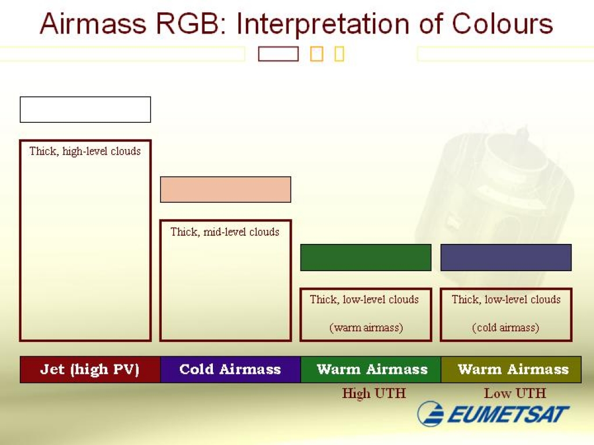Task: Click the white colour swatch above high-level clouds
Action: [x=85, y=110]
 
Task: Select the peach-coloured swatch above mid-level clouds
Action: [x=226, y=189]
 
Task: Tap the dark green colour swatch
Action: [x=365, y=257]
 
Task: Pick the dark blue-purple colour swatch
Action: [x=506, y=257]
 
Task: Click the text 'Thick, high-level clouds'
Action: [x=85, y=151]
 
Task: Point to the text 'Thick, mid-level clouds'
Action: [x=225, y=232]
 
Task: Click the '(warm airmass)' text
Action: [x=366, y=327]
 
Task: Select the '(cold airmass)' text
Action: [x=506, y=327]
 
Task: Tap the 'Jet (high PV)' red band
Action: [x=90, y=370]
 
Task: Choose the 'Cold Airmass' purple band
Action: [x=230, y=370]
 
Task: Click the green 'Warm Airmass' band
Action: [x=371, y=370]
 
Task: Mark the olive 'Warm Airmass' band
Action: [x=511, y=370]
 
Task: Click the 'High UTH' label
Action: [x=374, y=393]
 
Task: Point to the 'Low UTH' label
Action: [x=515, y=393]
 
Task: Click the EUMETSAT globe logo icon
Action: [x=431, y=414]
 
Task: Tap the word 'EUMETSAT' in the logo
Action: [x=508, y=414]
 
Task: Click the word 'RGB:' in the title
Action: [x=190, y=24]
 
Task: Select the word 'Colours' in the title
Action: [x=502, y=24]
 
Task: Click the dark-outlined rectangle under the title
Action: [x=278, y=54]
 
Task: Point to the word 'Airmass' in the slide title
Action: [x=93, y=24]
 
